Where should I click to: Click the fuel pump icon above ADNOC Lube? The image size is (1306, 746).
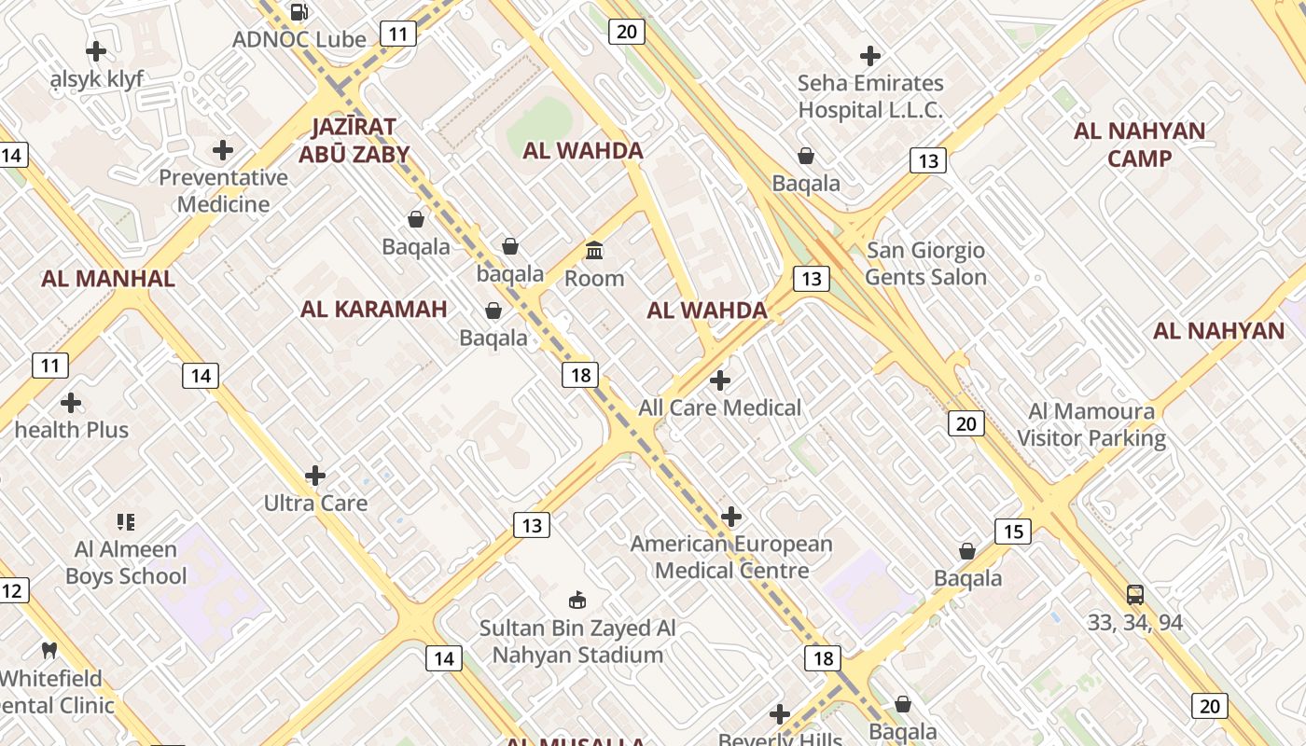299,12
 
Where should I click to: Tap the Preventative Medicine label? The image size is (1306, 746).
223,191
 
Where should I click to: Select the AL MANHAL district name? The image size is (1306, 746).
108,278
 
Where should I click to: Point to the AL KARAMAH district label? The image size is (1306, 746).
373,309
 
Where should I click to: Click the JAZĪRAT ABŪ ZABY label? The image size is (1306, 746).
354,140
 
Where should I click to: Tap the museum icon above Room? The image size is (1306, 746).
594,250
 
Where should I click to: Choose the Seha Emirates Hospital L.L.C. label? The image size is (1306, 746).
869,96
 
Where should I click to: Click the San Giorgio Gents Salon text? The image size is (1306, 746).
925,264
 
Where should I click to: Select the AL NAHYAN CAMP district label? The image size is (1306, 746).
1139,145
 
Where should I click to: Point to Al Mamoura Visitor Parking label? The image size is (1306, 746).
1091,424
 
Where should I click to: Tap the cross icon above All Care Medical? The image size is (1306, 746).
719,380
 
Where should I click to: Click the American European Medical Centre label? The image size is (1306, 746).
731,557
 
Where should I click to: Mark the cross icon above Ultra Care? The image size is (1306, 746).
315,476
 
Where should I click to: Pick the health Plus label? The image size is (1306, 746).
72,430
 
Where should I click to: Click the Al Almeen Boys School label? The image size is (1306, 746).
126,562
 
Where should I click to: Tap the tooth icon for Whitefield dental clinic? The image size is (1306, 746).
49,650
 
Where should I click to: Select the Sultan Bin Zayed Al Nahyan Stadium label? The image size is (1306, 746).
577,642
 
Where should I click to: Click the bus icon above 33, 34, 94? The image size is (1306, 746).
1134,594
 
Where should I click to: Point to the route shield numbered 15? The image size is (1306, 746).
1012,532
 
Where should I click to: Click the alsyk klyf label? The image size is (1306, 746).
97,79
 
